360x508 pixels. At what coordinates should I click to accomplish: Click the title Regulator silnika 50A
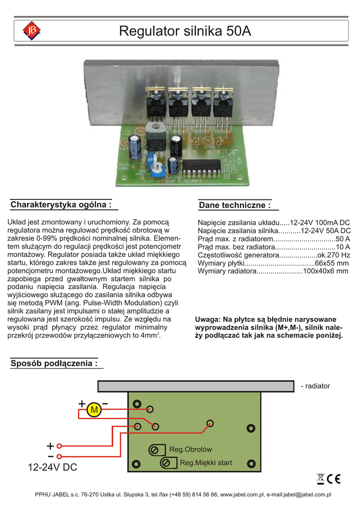click(185, 32)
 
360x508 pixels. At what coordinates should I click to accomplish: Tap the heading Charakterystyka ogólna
click(61, 204)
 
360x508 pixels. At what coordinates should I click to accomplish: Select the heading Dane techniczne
click(235, 205)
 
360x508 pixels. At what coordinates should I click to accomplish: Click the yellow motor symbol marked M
click(93, 410)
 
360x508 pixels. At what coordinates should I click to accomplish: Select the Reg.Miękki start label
click(206, 463)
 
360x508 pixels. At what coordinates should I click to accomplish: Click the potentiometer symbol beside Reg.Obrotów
click(154, 450)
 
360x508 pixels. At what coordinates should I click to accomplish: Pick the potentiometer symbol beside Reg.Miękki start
click(166, 463)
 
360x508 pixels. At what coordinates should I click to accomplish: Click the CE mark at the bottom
click(334, 479)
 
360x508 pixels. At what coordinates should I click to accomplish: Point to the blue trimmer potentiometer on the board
click(155, 166)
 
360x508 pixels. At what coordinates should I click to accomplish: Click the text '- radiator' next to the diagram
click(315, 386)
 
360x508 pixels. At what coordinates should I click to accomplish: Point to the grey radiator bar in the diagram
click(196, 386)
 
